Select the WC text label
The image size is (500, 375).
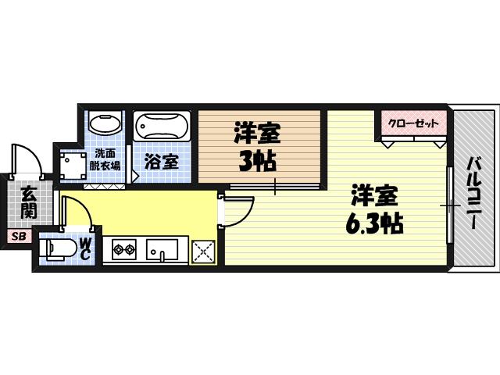click(x=86, y=249)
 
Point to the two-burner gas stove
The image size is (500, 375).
click(x=124, y=251)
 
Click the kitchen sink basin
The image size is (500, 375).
click(x=162, y=250)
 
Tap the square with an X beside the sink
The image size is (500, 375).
click(x=203, y=251)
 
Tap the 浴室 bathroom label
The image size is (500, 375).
click(x=162, y=162)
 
